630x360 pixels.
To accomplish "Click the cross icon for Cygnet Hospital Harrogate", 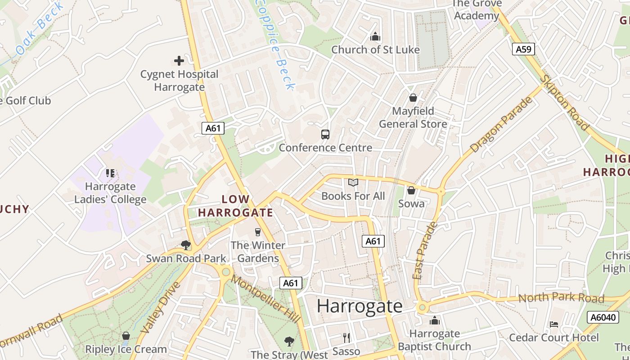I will tap(179, 60).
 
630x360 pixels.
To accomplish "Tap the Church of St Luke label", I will tap(375, 49).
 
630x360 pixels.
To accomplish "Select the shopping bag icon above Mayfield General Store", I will tap(413, 98).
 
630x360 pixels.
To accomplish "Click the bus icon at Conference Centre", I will tap(325, 134).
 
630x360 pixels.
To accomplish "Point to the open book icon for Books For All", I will tap(353, 182).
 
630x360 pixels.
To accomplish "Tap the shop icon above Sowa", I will tap(411, 190).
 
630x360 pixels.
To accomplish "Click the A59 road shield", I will tap(523, 49).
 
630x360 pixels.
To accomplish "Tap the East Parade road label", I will tap(424, 250).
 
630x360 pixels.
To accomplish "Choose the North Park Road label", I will tap(561, 298).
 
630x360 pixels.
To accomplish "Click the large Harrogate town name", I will tap(360, 306).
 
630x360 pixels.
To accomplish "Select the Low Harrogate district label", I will tap(235, 206).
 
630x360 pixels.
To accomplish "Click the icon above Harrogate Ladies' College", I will tap(110, 173).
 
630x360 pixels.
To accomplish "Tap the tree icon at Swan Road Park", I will tap(185, 245).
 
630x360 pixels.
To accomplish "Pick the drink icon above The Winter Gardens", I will tap(258, 232).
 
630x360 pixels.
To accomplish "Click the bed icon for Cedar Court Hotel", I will tap(554, 324).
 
